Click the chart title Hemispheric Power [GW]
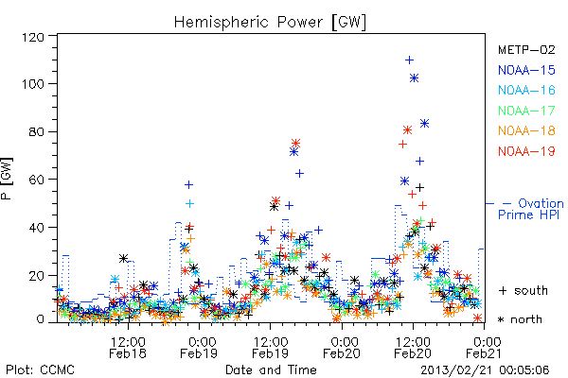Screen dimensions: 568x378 [270, 23]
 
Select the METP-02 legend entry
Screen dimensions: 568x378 [526, 49]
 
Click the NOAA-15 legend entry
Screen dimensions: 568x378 [526, 70]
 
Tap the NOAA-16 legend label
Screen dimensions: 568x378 [526, 90]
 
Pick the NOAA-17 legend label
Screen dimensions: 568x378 [526, 111]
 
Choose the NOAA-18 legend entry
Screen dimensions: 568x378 [526, 130]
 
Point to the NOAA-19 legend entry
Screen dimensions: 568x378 [526, 151]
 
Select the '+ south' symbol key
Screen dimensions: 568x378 [524, 290]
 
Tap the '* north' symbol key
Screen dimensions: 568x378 [520, 319]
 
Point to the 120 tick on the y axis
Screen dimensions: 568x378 [32, 37]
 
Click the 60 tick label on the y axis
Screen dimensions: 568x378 [36, 180]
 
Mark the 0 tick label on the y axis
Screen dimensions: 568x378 [40, 319]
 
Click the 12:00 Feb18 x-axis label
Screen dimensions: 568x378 [128, 347]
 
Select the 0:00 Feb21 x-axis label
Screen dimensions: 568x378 [484, 347]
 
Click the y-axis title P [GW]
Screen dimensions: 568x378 [7, 179]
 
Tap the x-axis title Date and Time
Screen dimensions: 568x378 [271, 369]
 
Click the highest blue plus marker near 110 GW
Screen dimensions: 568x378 [409, 60]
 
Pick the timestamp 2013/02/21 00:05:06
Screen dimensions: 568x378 [485, 369]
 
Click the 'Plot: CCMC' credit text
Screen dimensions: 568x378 [40, 369]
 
